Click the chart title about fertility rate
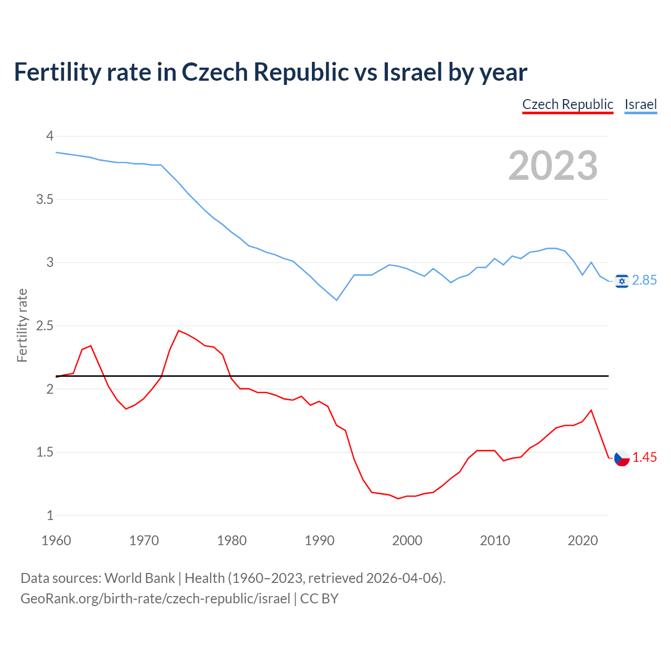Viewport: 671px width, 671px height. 270,72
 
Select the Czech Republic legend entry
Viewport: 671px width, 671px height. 568,104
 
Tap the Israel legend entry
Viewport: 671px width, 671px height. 641,104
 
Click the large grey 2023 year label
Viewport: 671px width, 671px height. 553,166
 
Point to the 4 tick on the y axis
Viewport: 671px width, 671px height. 50,136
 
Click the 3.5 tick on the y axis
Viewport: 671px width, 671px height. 45,200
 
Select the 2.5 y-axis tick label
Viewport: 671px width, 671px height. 45,326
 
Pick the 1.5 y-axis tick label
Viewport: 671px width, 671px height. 45,452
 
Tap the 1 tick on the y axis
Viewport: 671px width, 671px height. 50,516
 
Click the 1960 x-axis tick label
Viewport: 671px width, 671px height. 56,540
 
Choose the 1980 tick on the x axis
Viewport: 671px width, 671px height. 232,540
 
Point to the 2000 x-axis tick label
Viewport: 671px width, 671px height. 407,540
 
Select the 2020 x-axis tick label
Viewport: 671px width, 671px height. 582,540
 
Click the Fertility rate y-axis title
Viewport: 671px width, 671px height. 22,326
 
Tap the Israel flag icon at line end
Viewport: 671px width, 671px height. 622,281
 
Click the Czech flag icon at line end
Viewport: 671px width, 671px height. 622,458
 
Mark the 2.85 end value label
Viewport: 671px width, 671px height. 644,280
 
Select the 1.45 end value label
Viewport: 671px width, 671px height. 644,458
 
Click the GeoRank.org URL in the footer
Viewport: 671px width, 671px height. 155,599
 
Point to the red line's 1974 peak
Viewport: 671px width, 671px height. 179,330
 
